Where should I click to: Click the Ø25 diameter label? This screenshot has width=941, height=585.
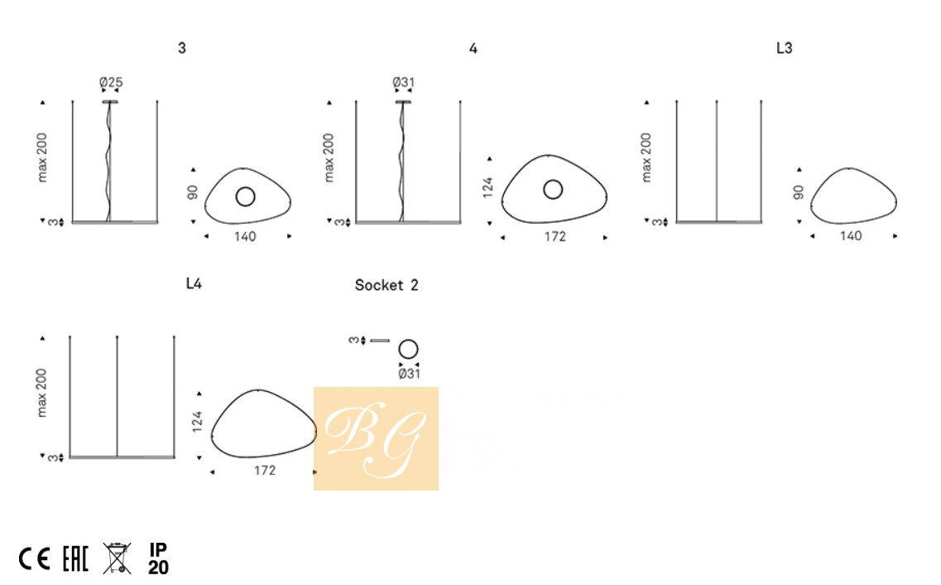pyautogui.click(x=111, y=82)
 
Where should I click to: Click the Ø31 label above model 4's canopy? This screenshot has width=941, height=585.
pyautogui.click(x=404, y=82)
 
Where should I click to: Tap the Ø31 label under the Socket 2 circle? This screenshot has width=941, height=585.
pyautogui.click(x=410, y=374)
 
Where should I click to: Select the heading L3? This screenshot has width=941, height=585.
pyautogui.click(x=785, y=48)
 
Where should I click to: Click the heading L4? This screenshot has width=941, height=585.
pyautogui.click(x=194, y=283)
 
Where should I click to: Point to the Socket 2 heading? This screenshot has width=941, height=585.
pyautogui.click(x=386, y=285)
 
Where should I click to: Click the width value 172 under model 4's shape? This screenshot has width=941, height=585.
pyautogui.click(x=555, y=237)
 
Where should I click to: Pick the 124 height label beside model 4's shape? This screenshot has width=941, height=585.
pyautogui.click(x=488, y=187)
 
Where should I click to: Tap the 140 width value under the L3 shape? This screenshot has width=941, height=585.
pyautogui.click(x=851, y=236)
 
